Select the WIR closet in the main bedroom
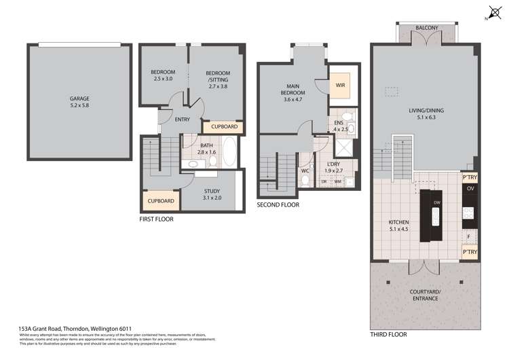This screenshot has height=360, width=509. pyautogui.click(x=341, y=85)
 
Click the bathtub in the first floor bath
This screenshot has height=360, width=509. pyautogui.click(x=229, y=152)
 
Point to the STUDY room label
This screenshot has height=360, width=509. pyautogui.click(x=212, y=194)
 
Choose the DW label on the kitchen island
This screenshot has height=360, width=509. pyautogui.click(x=437, y=203)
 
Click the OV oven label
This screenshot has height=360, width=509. pyautogui.click(x=469, y=188)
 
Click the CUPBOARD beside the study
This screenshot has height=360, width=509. pyautogui.click(x=161, y=201)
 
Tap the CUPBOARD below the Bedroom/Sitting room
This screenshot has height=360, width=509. pyautogui.click(x=224, y=126)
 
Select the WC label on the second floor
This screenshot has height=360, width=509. pyautogui.click(x=305, y=170)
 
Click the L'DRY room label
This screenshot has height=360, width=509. pyautogui.click(x=333, y=167)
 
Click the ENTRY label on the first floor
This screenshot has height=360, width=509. pyautogui.click(x=183, y=120)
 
